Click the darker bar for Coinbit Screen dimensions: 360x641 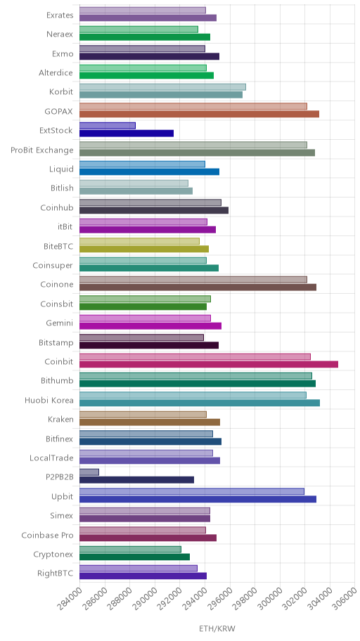[209, 364]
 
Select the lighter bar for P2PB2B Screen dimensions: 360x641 [89, 472]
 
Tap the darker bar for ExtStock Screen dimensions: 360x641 [127, 134]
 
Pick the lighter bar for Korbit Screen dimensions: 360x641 [162, 87]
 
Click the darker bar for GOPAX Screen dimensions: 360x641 [199, 114]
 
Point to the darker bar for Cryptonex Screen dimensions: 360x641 [134, 557]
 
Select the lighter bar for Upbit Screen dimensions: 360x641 [192, 491]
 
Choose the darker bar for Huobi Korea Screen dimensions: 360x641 [200, 403]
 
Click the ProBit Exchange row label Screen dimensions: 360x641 [42, 150]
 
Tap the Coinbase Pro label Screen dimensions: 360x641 [47, 535]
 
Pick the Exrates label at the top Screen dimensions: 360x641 [60, 15]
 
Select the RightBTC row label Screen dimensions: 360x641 [56, 573]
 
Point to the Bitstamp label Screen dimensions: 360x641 [56, 342]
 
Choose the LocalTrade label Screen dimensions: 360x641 [52, 458]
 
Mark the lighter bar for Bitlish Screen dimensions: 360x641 [134, 183]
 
